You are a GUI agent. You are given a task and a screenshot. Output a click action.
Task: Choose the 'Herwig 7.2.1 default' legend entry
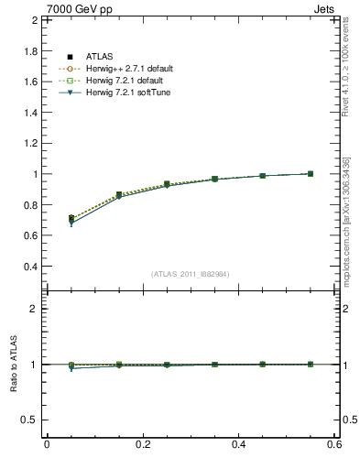[116, 81]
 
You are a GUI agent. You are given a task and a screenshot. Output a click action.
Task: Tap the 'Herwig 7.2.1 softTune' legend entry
[117, 93]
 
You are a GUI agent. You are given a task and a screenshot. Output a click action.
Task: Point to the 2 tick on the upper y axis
[33, 19]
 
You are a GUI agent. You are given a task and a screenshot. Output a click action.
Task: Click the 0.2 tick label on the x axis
[143, 444]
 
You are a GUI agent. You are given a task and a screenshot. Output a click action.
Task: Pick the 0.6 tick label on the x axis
[334, 444]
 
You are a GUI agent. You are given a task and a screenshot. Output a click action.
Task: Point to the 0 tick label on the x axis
[47, 444]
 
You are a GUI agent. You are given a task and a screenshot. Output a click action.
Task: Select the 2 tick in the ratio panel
[33, 309]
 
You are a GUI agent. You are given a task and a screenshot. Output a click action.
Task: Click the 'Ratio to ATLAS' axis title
[13, 365]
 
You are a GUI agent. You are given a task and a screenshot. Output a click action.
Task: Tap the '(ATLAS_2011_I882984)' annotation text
[191, 274]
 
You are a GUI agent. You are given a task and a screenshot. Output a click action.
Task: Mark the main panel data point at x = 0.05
[71, 219]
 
